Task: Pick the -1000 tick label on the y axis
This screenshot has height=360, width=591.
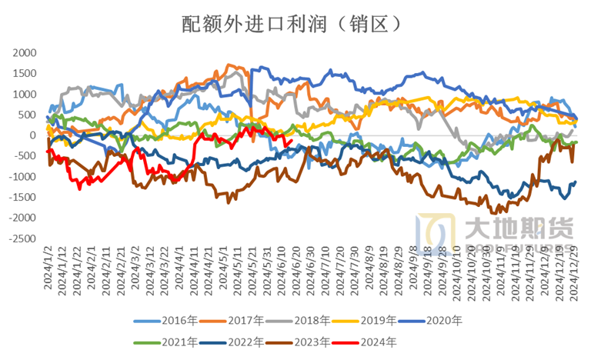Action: point(23,177)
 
